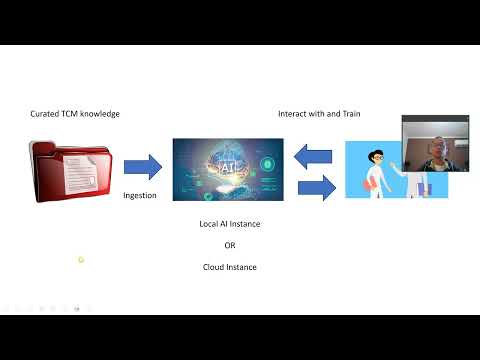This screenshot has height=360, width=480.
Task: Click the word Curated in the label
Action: [x=46, y=114]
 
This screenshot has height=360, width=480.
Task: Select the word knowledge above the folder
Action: [x=101, y=114]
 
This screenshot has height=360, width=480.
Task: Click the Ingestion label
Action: [x=140, y=195]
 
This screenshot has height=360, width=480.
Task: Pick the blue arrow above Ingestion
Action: [x=142, y=166]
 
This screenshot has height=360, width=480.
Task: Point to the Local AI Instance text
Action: [x=230, y=224]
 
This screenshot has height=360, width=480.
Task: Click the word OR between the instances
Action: [x=230, y=245]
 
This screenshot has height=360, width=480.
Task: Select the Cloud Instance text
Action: [x=230, y=267]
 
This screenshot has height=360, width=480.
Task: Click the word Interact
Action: [x=294, y=114]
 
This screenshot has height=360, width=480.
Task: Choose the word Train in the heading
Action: [x=350, y=114]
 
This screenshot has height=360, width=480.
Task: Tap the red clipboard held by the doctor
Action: [x=368, y=181]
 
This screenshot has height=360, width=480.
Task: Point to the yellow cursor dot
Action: [x=81, y=260]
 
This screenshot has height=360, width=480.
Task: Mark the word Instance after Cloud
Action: [x=241, y=267]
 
